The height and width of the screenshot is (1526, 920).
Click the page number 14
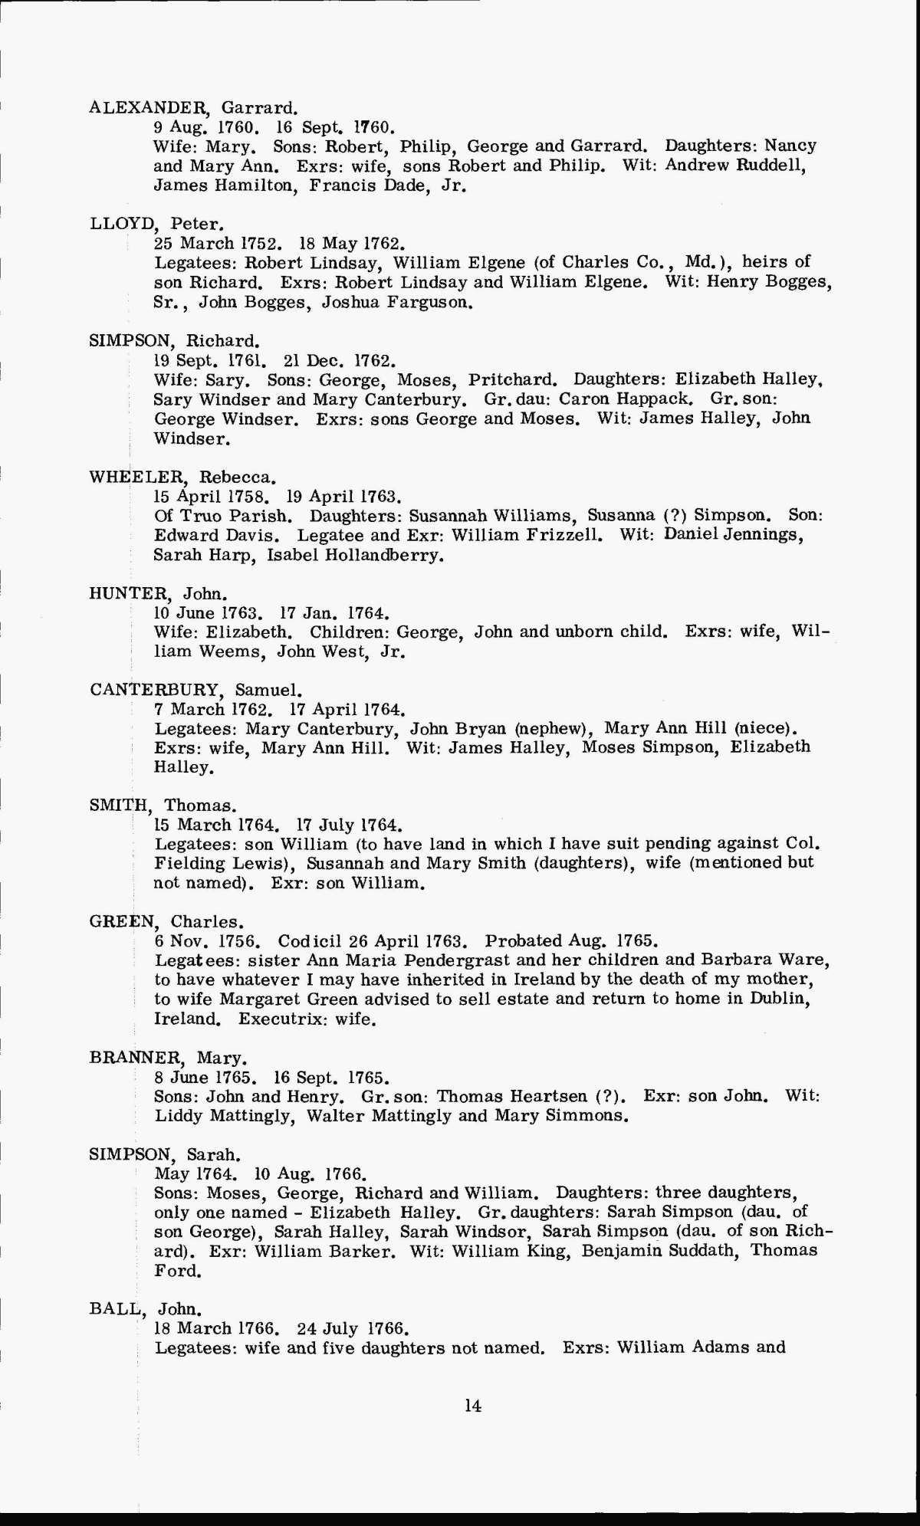(x=472, y=1406)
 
